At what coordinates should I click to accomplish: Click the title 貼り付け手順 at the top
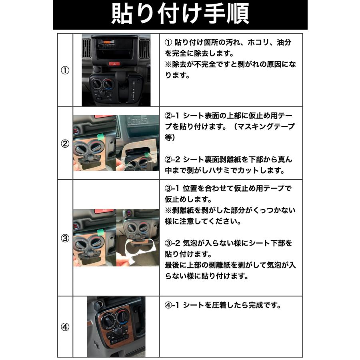tap(180, 15)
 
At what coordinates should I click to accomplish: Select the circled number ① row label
tap(65, 70)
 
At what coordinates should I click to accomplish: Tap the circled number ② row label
tap(65, 144)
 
